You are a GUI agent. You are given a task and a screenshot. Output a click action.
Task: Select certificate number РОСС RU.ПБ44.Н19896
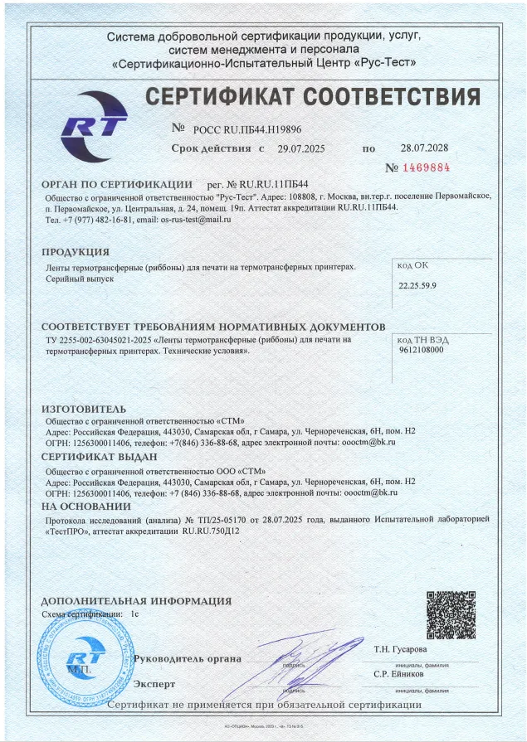coord(246,130)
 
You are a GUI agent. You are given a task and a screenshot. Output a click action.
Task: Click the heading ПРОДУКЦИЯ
coord(76,251)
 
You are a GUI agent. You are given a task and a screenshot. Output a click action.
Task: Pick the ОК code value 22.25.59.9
coord(418,285)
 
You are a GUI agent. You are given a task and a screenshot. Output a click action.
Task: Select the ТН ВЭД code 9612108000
coord(422,350)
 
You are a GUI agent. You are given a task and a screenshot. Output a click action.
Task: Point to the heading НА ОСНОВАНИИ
coord(86,506)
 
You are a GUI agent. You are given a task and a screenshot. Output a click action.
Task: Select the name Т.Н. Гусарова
coord(401,648)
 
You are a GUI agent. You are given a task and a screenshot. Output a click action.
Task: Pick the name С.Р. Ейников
coord(400,675)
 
